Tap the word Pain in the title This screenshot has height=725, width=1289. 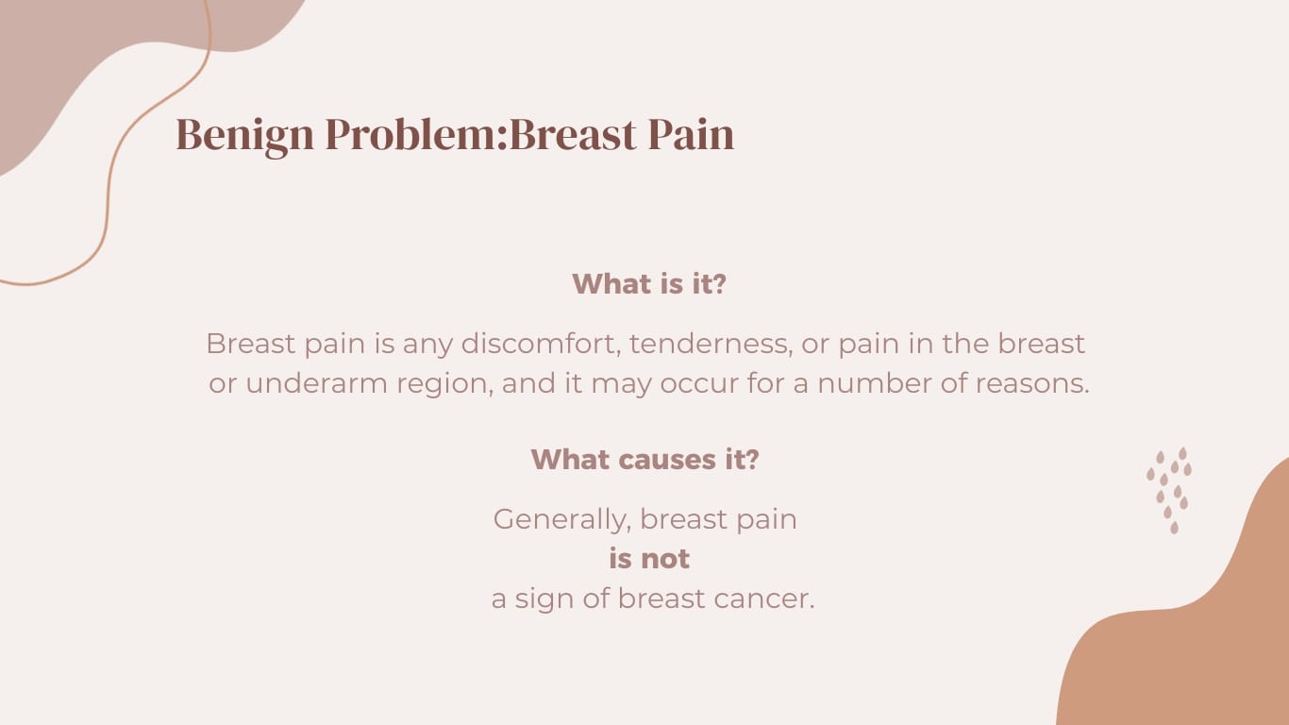click(x=691, y=135)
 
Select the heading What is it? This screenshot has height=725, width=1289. click(x=649, y=283)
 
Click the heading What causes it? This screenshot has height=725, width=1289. click(x=644, y=460)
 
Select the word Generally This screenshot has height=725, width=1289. click(x=562, y=519)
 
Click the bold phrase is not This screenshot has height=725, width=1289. click(x=649, y=559)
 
